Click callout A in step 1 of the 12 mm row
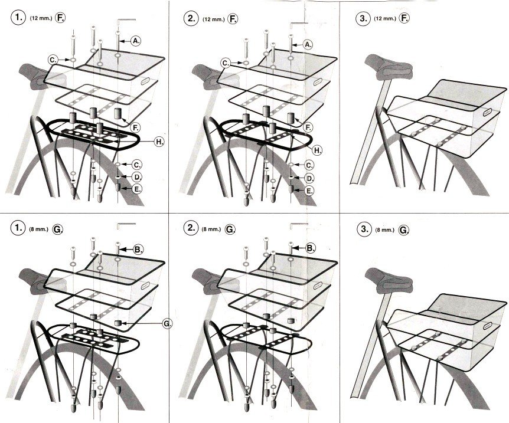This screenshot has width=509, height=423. (136, 41)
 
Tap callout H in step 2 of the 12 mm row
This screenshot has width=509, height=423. (318, 150)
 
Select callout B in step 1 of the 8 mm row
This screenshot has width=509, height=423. (138, 249)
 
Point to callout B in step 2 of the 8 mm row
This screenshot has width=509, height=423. (311, 248)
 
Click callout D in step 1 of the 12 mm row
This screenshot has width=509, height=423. (138, 177)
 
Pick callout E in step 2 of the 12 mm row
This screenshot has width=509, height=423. (309, 191)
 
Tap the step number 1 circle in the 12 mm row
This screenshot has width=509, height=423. (18, 18)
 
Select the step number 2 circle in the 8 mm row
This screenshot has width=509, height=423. (191, 228)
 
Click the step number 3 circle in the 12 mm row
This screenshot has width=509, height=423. (363, 18)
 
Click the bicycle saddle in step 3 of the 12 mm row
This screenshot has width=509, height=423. (389, 67)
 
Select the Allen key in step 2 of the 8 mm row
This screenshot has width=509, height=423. (298, 225)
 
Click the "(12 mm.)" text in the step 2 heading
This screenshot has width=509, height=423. (213, 19)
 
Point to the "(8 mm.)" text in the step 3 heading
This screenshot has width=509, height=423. (384, 230)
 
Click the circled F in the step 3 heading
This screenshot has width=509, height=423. (404, 18)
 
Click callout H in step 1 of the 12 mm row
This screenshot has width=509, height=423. (159, 142)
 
